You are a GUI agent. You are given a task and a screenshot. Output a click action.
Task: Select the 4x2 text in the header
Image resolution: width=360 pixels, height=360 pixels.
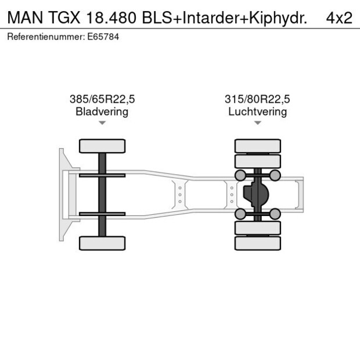coord(339,17)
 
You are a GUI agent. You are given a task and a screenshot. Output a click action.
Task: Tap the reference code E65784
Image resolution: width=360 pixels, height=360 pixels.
coord(102,37)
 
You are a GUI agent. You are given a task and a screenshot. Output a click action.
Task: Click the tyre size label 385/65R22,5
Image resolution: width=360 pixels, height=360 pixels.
coord(102,99)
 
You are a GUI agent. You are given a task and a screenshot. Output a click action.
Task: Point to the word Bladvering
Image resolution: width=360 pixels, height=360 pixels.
coord(102,111)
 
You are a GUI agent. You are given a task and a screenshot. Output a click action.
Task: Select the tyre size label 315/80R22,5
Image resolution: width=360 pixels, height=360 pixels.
coord(257,99)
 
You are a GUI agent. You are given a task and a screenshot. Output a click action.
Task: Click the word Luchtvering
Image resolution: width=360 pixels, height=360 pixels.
coord(257,111)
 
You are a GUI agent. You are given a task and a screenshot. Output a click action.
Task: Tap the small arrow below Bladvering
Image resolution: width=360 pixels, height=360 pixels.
coord(102,123)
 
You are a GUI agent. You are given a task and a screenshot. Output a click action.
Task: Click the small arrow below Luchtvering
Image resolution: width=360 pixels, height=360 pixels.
coord(257,123)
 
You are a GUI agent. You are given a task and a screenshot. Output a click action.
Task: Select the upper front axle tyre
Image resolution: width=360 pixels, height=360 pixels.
coord(102,146)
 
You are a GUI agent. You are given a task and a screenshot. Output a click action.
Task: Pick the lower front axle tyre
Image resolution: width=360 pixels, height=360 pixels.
coord(102,243)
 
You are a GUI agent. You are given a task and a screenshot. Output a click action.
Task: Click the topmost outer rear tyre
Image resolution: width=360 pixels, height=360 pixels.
coord(257,146)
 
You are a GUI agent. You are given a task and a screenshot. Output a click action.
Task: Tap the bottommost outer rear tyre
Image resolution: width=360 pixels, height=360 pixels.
coord(257,243)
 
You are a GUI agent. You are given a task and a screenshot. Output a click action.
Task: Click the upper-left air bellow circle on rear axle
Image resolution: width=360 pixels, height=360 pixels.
coord(239,175)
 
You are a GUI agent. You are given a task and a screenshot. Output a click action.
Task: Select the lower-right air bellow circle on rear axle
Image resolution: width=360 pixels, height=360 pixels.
coord(275,214)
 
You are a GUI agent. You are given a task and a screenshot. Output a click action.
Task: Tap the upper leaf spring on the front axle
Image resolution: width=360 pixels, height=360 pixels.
coord(102,175)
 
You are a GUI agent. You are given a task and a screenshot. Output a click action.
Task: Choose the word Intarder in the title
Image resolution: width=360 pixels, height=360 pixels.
coord(211,17)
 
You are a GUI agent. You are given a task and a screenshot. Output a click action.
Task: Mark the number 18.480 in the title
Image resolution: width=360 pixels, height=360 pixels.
coord(109,17)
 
